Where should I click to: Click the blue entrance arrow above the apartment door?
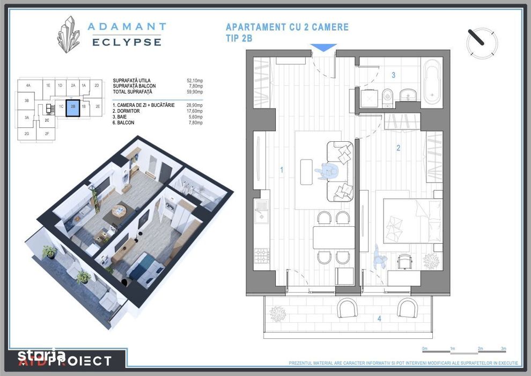[x=324, y=47]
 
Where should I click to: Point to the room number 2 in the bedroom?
[x=398, y=148]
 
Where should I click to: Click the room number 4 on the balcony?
[x=379, y=319]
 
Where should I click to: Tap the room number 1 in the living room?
[x=281, y=170]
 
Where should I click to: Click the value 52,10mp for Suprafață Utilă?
[x=196, y=81]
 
